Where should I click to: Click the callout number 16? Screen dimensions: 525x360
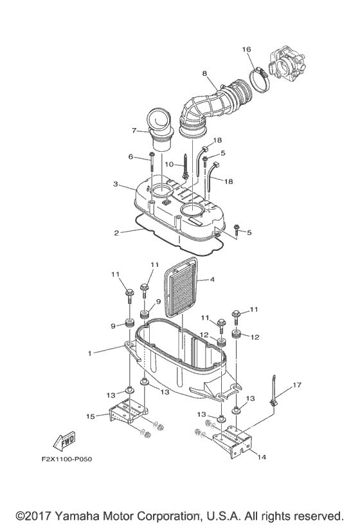pyautogui.click(x=246, y=50)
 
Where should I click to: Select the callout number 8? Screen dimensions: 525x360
pyautogui.click(x=204, y=74)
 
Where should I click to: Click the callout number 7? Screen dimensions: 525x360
pyautogui.click(x=135, y=131)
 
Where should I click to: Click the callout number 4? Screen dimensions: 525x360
pyautogui.click(x=212, y=279)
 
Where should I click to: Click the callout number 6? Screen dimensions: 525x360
pyautogui.click(x=130, y=157)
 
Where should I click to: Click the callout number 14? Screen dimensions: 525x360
pyautogui.click(x=260, y=457)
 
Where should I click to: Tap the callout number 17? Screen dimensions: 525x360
pyautogui.click(x=296, y=386)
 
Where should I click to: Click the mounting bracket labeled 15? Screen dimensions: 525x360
pyautogui.click(x=129, y=415)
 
